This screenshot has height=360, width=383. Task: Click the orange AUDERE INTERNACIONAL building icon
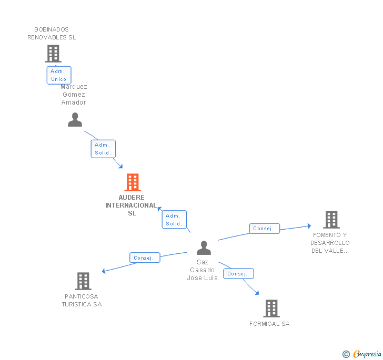(133, 182)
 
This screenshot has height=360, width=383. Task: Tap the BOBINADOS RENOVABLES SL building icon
(53, 54)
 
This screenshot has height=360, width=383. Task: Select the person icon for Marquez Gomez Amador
(75, 120)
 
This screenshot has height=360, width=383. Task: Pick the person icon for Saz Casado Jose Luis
(204, 248)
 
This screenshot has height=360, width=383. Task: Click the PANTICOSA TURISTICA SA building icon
(83, 281)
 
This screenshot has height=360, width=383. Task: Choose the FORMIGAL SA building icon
(271, 308)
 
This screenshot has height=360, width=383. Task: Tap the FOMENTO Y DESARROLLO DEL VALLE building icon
(331, 220)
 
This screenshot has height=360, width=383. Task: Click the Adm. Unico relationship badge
(58, 75)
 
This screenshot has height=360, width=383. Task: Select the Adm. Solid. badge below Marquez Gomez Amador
(103, 149)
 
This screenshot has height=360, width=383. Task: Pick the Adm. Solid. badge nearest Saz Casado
(174, 220)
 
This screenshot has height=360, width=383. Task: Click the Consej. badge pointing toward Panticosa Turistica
(144, 258)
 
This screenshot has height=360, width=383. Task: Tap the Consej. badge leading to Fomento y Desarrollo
(264, 228)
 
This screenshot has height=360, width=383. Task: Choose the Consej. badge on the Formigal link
(238, 273)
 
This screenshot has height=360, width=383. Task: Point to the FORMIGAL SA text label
(269, 324)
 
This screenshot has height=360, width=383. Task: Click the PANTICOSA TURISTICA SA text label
(82, 301)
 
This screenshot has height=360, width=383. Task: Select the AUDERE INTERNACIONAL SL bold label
(132, 205)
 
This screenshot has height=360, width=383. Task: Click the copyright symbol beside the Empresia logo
(346, 354)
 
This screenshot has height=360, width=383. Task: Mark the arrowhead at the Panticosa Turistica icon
(104, 271)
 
